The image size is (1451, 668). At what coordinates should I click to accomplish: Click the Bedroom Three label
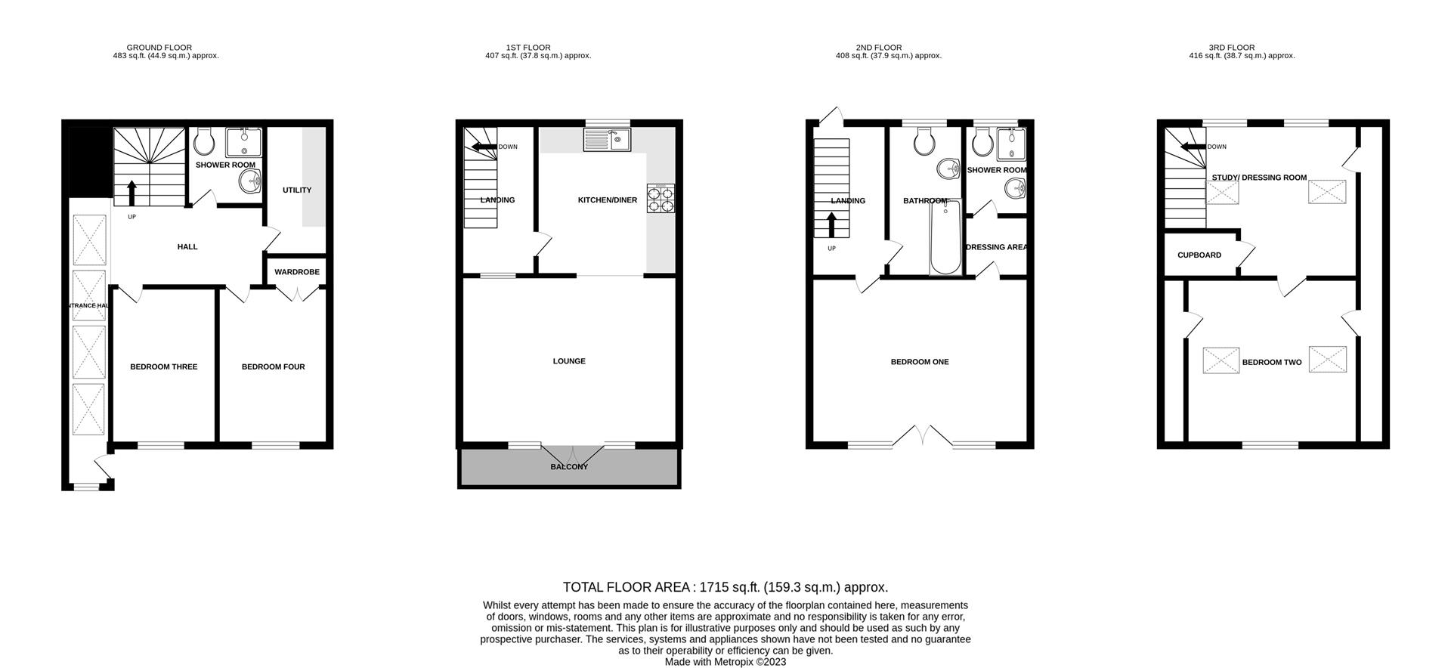point(163,367)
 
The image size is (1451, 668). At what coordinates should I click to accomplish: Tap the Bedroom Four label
point(273,367)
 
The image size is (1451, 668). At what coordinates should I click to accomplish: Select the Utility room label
point(296,190)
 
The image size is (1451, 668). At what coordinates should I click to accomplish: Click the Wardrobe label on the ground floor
point(296,272)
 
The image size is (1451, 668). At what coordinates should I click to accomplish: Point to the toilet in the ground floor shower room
point(204,141)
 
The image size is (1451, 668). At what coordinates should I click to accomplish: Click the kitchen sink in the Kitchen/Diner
point(607,139)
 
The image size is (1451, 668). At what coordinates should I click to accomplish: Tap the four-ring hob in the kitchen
point(661,199)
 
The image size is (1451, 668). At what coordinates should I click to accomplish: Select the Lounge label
point(569,361)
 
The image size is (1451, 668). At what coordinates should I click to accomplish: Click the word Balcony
point(569,467)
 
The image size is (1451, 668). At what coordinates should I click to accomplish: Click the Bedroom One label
point(919,362)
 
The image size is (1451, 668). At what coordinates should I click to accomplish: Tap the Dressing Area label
point(996,247)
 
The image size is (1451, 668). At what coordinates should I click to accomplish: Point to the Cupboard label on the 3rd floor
point(1199,255)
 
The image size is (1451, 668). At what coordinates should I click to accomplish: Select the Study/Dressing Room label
point(1259,178)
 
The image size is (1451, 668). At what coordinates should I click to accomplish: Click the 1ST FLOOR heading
point(528,48)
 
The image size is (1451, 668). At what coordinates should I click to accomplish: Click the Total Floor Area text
point(725,587)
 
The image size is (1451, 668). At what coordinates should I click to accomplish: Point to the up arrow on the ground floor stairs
point(132,193)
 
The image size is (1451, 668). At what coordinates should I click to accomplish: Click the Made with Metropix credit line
point(725,662)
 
